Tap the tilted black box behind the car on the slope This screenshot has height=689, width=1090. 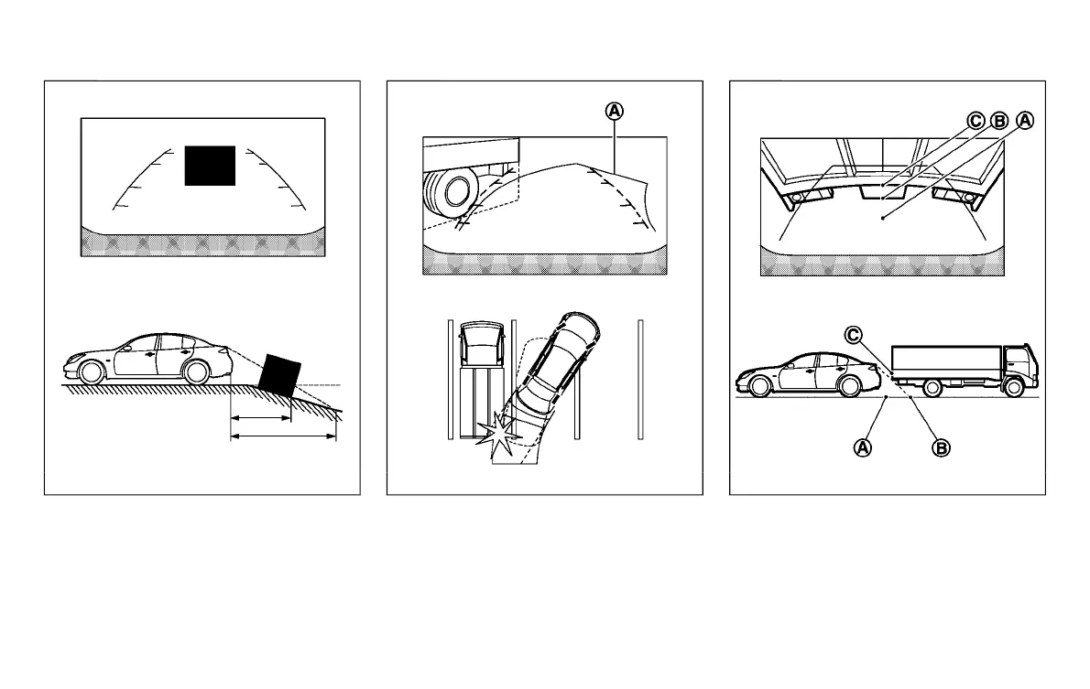[279, 373]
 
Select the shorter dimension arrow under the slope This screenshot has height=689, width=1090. [260, 418]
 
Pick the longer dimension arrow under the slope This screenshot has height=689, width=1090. [283, 436]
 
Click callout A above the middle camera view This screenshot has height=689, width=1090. [614, 111]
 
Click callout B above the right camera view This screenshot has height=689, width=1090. [1000, 120]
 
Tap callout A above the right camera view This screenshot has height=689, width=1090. [1024, 120]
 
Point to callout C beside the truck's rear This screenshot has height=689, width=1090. [853, 335]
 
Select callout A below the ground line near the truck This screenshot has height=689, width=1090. [862, 447]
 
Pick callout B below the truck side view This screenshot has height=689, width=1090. [940, 447]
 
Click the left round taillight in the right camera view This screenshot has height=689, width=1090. [796, 197]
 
